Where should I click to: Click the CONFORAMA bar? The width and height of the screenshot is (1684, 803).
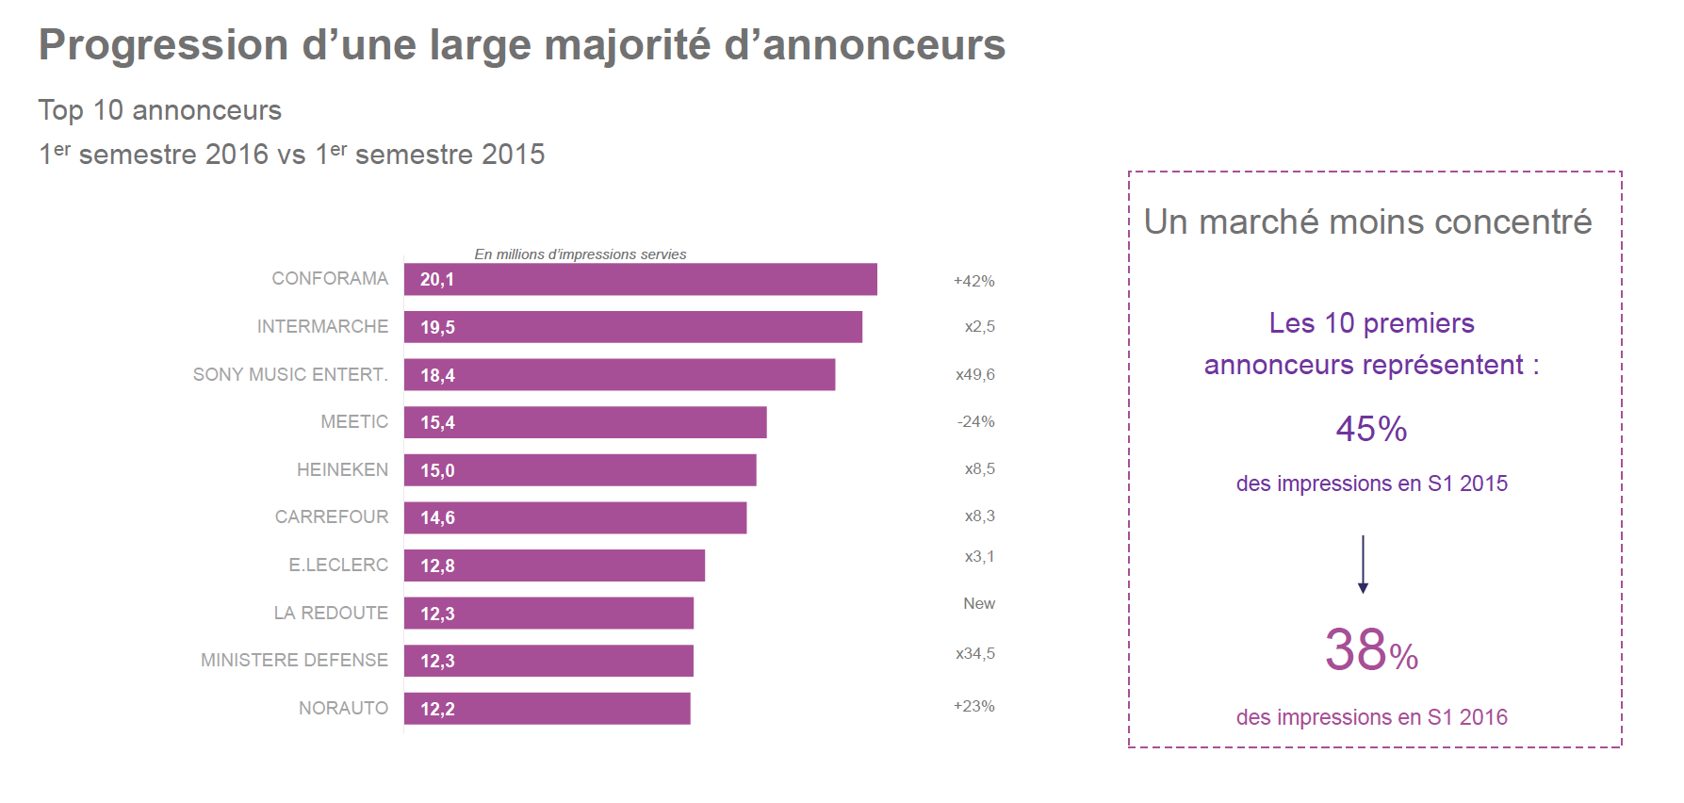(641, 279)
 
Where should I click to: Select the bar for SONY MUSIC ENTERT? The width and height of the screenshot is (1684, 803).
(620, 374)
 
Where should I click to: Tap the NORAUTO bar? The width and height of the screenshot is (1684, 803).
(548, 709)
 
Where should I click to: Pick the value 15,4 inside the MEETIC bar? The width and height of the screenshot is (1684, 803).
(437, 423)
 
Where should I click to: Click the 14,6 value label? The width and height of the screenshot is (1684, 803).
(437, 518)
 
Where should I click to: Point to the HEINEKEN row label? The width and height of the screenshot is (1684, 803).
(342, 469)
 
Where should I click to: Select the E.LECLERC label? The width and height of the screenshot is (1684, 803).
(338, 565)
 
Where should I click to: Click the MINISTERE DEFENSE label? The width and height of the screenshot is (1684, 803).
(294, 660)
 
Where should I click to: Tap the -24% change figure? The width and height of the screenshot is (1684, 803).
(975, 421)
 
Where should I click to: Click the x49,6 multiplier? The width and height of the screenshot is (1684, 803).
(974, 374)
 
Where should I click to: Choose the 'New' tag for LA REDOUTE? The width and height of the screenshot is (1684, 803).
(978, 603)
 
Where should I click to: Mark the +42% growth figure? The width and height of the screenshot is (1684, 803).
(973, 281)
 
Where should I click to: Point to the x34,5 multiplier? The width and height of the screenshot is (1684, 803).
(974, 653)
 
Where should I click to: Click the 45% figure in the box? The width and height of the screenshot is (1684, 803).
(1371, 430)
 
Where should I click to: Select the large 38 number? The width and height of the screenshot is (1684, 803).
(1355, 650)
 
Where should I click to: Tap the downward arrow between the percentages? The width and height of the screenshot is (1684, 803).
(1363, 565)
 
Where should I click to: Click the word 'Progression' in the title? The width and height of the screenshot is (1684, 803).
(163, 45)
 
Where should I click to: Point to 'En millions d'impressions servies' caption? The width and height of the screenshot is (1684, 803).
(580, 254)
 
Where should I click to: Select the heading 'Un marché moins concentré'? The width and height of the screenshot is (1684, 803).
(1367, 222)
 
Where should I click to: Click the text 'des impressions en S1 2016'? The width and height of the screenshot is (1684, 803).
(1371, 717)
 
